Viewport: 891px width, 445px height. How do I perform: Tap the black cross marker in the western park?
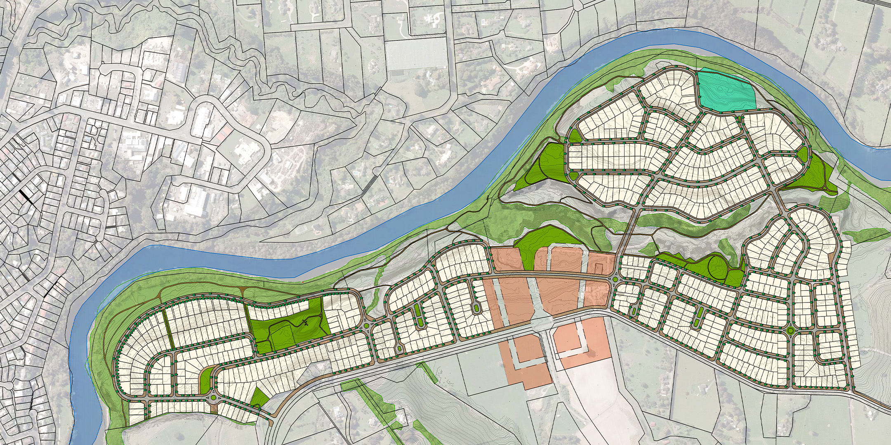[305, 323]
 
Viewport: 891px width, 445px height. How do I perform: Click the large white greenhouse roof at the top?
[417, 55]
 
